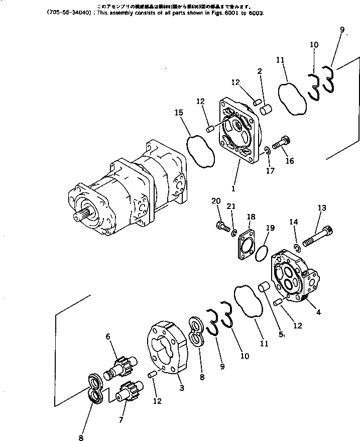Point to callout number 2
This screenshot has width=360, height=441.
(x=260, y=72)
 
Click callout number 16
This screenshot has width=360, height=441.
(x=290, y=161)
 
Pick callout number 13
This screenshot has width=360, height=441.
(x=322, y=208)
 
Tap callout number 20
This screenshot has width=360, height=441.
(x=216, y=201)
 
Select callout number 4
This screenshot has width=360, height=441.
(x=318, y=312)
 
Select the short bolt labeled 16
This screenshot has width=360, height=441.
(x=279, y=143)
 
